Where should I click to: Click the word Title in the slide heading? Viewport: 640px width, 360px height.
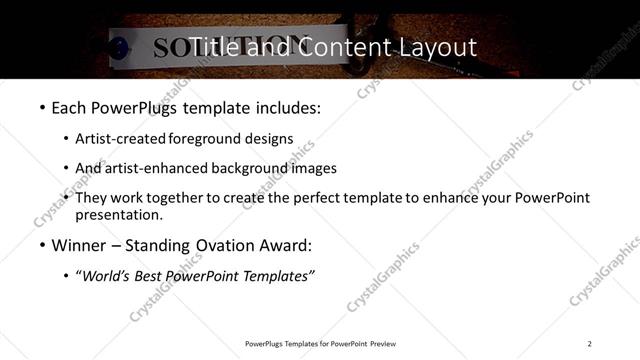(x=213, y=47)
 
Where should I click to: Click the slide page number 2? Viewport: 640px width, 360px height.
(x=590, y=344)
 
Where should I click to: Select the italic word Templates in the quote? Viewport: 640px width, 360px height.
(x=279, y=276)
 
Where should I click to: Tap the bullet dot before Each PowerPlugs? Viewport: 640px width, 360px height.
(x=41, y=106)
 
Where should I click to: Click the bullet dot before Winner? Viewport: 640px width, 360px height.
(x=41, y=245)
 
